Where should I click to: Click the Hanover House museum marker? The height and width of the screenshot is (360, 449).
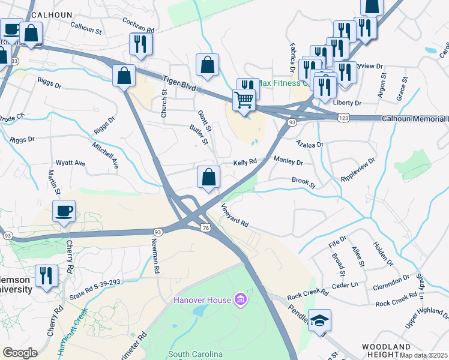pyautogui.click(x=240, y=299)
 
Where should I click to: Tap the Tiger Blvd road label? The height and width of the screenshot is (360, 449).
pyautogui.click(x=180, y=82)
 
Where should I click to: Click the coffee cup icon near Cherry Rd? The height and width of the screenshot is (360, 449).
pyautogui.click(x=64, y=211)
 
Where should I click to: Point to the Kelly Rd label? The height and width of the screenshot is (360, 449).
pyautogui.click(x=245, y=162)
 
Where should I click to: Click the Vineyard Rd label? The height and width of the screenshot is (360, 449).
pyautogui.click(x=235, y=215)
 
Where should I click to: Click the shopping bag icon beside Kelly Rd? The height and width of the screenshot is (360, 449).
pyautogui.click(x=208, y=178)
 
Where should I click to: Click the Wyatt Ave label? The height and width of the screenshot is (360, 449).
pyautogui.click(x=71, y=163)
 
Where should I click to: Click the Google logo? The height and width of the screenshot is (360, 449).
pyautogui.click(x=19, y=353)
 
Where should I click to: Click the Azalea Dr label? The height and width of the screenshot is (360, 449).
pyautogui.click(x=310, y=144)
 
